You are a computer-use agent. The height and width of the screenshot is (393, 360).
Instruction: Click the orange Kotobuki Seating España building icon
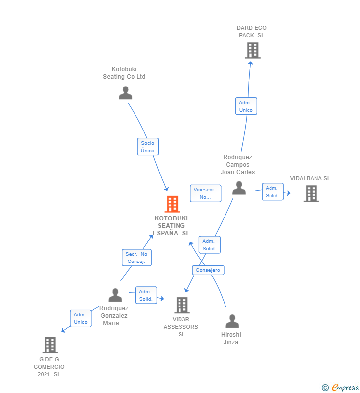172,204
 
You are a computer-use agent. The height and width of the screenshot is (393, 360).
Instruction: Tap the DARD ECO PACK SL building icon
252,50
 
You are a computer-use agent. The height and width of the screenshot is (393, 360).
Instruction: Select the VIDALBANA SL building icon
311,193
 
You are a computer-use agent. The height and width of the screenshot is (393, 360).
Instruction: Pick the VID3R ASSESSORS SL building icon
181,305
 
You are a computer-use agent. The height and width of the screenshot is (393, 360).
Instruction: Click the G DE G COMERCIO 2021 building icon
50,345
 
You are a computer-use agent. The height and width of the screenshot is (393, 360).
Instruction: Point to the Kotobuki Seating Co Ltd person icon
125,93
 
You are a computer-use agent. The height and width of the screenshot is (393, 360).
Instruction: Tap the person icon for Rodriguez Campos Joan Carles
239,188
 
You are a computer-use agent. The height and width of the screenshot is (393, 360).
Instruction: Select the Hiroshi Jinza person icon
232,321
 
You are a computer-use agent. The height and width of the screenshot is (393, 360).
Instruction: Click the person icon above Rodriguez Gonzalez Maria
115,295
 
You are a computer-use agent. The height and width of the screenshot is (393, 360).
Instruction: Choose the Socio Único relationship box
147,147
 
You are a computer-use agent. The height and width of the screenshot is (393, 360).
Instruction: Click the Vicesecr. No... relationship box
205,193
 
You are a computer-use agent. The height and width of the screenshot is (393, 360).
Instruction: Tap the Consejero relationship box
208,270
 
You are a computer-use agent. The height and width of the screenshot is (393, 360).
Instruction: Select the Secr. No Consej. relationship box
136,258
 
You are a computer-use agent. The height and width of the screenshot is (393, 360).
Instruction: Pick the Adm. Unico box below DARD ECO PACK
246,106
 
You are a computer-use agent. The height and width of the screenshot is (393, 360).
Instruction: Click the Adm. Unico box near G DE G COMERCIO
80,318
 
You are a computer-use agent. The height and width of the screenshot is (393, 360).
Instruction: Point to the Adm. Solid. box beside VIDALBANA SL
272,192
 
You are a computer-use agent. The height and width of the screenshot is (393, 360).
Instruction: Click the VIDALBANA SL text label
310,178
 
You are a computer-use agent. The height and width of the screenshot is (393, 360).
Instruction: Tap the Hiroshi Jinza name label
231,338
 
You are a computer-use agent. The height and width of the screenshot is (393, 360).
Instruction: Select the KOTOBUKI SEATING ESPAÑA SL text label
172,225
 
